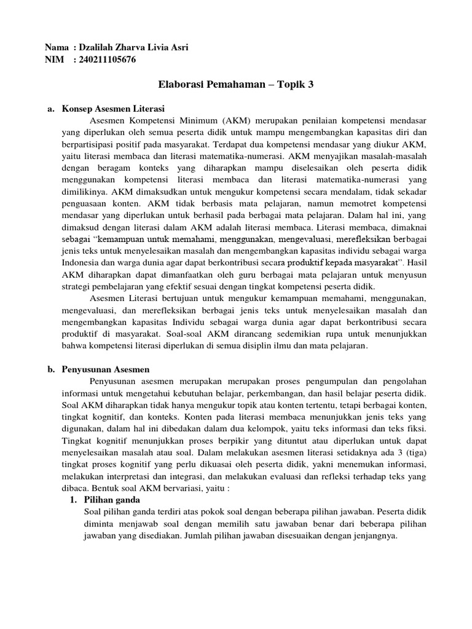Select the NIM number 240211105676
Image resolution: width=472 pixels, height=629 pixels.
(x=108, y=60)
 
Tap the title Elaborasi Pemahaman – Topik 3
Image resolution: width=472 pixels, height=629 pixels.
(x=236, y=84)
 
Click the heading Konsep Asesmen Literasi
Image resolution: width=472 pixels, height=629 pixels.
(x=114, y=107)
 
